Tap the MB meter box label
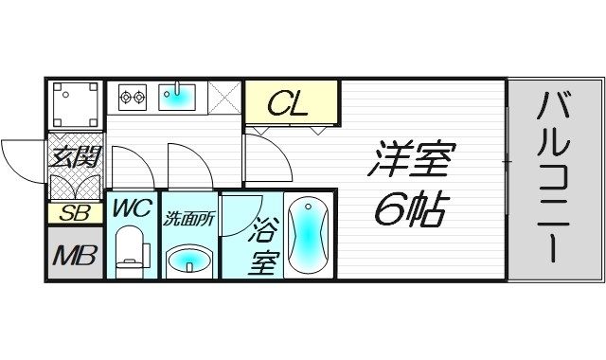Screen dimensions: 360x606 coord(74,257)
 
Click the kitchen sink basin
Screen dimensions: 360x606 coord(176,95)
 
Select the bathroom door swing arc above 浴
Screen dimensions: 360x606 coord(242,208)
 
